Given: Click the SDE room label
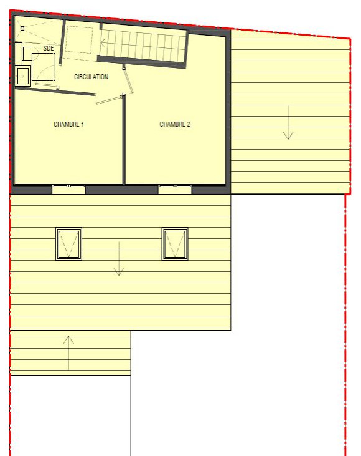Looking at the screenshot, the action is coord(49,48).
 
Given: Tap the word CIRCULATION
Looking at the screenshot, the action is coord(91,77).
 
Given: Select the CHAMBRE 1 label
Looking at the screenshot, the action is coord(68,124).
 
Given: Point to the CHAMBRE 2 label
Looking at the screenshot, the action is coord(175,124).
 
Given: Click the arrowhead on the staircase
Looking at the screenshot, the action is coord(103,43).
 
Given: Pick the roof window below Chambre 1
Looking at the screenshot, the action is coord(68,244).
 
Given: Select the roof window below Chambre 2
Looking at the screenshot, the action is coord(175,244).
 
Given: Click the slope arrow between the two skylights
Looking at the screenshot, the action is coord(119,258).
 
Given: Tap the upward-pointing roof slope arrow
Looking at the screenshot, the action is coord(68,352).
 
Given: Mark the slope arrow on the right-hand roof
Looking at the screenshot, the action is coord(288,123).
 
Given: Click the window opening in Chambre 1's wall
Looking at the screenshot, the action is coord(68,189).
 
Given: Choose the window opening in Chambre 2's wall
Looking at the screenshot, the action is coord(175,189).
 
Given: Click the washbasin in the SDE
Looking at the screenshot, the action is coord(23,75).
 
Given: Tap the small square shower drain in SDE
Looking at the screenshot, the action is coord(22,28).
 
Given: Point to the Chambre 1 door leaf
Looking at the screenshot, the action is coord(109,99).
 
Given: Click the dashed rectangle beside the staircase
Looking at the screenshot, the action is coord(79,40).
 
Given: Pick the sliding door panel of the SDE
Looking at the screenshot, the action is coord(47,85).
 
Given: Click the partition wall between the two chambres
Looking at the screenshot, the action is coord(124,140).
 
